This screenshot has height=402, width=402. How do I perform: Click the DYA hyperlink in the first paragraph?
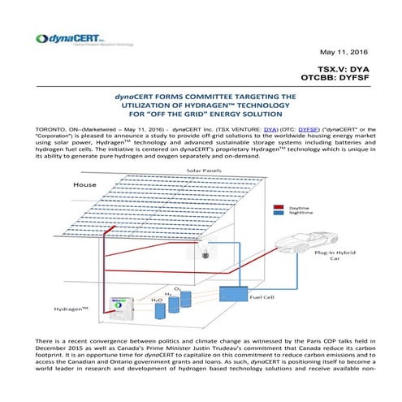coord(270,128)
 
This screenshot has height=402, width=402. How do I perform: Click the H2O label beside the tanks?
coord(136,300)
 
